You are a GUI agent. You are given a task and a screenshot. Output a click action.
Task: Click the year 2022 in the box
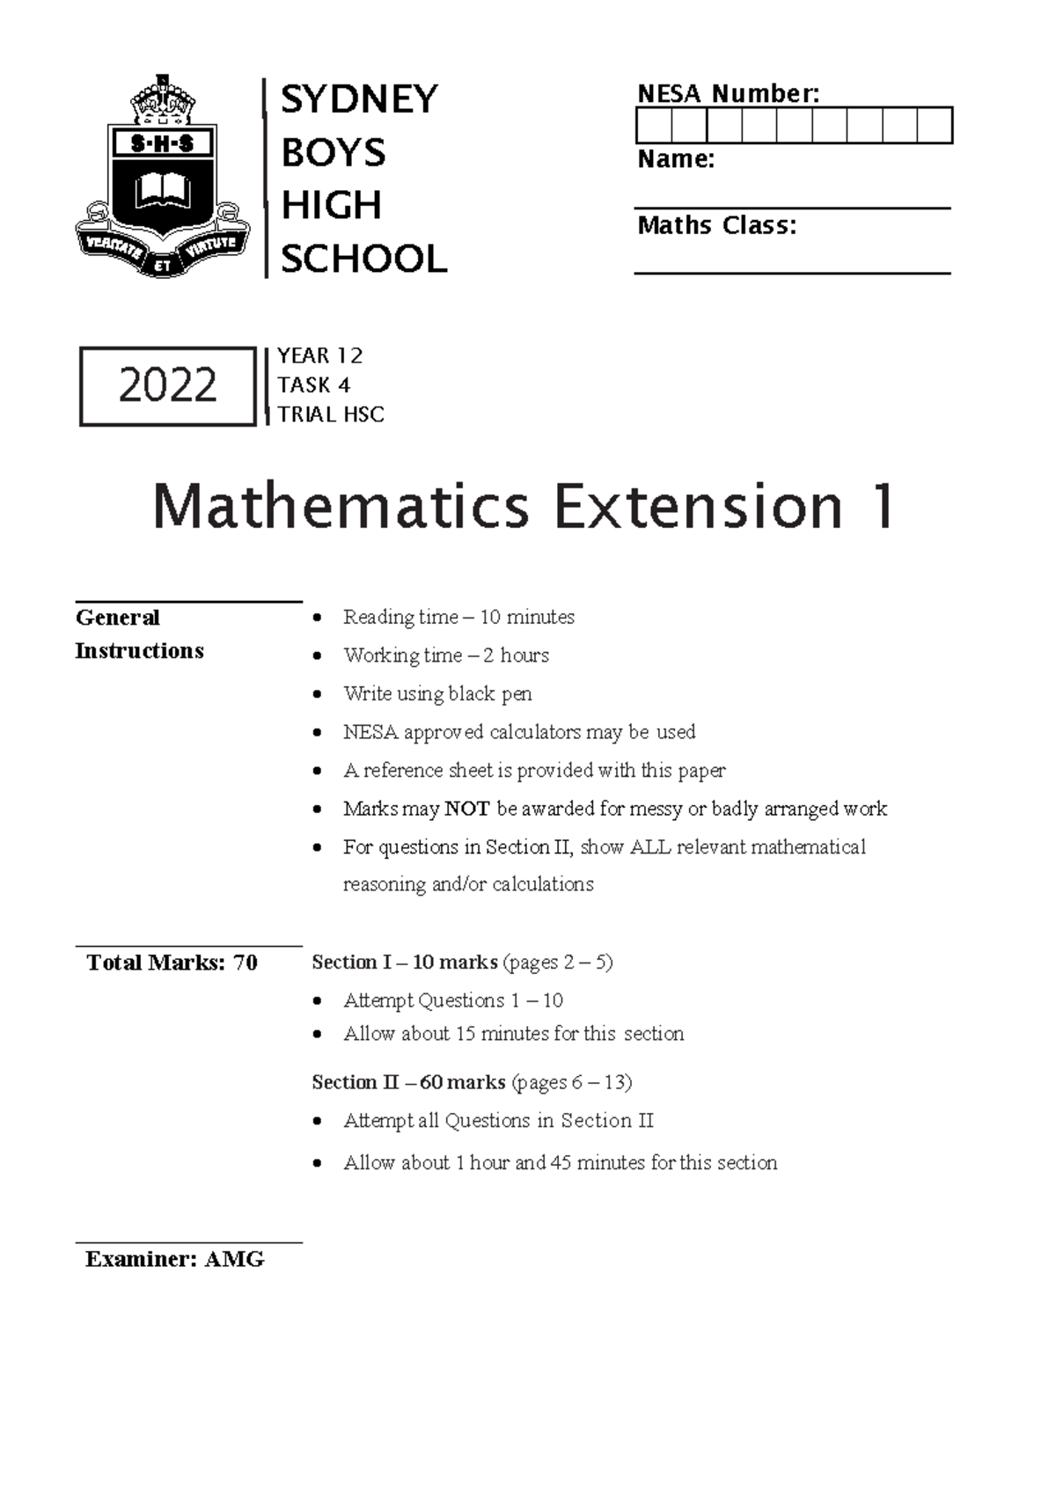pos(167,386)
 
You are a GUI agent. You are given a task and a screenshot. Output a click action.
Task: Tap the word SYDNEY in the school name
pos(358,99)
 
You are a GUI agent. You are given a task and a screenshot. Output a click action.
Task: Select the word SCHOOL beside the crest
pos(363,260)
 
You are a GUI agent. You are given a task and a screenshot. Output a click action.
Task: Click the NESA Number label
pos(728,93)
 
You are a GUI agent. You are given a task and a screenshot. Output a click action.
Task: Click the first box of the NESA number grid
pos(653,126)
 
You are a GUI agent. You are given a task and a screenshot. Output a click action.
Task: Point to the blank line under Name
pos(792,208)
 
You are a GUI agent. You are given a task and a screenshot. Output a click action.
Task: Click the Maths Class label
pos(716,226)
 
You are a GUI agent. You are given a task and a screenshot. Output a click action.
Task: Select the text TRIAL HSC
pos(331,414)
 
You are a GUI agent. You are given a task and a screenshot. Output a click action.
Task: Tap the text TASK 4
pos(313,385)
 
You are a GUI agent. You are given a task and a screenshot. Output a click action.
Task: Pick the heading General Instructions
pos(139,633)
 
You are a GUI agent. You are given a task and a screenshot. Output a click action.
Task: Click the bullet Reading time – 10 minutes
pos(458,618)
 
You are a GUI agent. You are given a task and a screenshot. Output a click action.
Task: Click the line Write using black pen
pos(437,694)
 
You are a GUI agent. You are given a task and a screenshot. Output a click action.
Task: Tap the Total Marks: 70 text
pos(172,963)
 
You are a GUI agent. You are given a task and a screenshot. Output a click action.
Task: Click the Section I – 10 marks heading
pos(405,963)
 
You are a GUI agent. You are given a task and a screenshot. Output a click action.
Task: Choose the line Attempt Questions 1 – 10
pos(453,1001)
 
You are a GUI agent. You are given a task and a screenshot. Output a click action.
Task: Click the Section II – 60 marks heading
pos(408,1082)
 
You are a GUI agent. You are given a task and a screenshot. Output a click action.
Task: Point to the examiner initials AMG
pos(234,1260)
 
